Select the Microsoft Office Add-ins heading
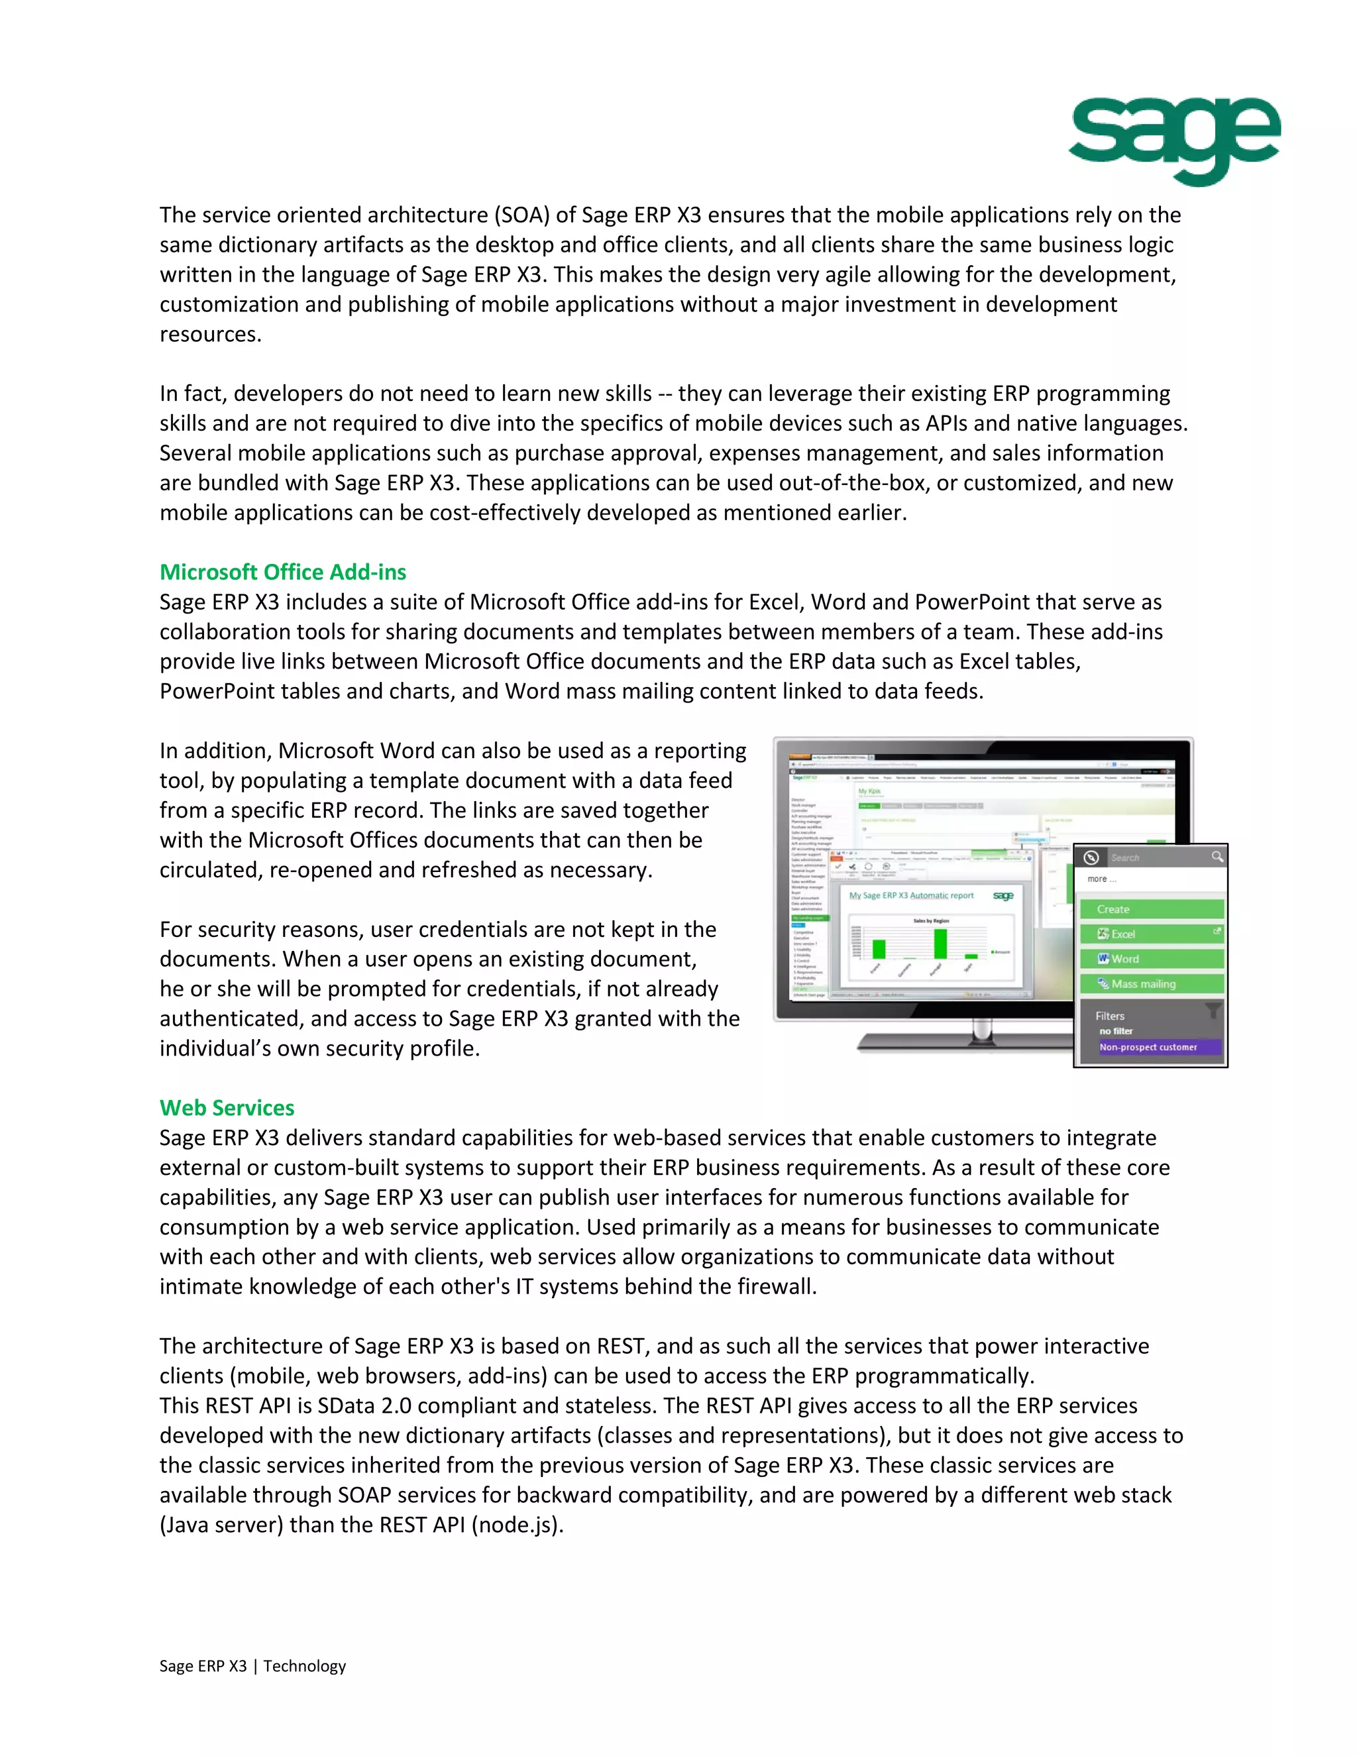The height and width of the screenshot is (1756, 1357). coord(282,572)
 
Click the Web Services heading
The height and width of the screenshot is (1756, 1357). coord(227,1107)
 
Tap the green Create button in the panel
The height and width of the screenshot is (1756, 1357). coord(1150,908)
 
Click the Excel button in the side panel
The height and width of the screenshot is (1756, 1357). coord(1150,934)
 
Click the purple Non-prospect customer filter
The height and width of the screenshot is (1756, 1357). coord(1158,1047)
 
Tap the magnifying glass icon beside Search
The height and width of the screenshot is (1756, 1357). coord(1217,857)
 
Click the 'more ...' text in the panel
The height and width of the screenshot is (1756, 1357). coord(1101,879)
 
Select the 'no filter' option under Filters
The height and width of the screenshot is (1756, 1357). coord(1116,1031)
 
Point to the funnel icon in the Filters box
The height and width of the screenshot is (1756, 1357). coord(1213,1010)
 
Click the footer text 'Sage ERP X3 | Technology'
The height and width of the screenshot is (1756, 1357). coord(252,1665)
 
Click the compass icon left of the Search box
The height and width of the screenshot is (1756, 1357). coord(1091,857)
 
